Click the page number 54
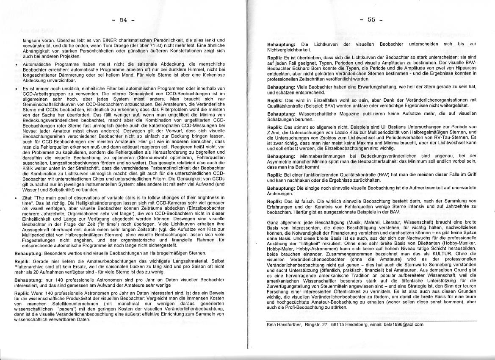[123, 20]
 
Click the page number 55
[371, 20]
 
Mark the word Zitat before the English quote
[28, 197]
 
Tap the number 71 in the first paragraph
[160, 45]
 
